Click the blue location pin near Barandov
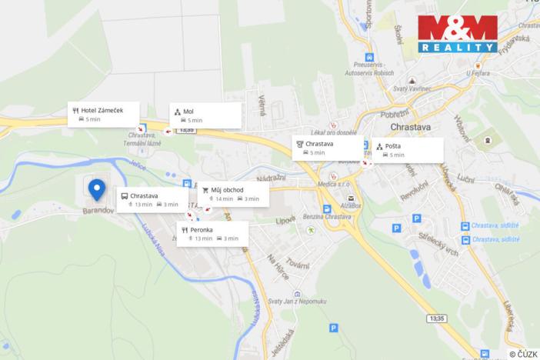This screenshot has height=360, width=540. click(96, 188)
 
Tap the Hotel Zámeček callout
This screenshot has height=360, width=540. click(105, 114)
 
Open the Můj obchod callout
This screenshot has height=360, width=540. click(233, 194)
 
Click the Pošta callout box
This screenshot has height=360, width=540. click(408, 149)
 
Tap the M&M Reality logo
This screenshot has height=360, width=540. click(458, 34)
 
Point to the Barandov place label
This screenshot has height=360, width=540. click(98, 209)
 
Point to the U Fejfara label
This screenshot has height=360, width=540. click(478, 74)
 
